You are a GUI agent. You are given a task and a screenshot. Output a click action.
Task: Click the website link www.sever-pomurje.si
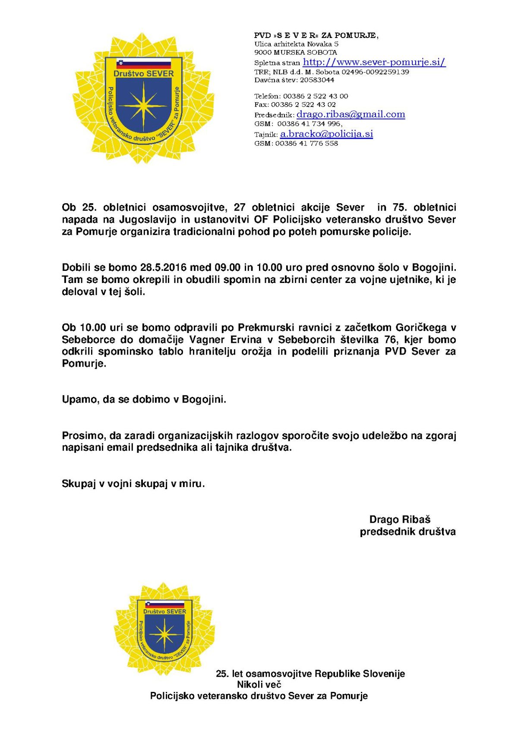(374, 62)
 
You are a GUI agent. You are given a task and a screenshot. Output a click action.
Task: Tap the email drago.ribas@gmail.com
(351, 114)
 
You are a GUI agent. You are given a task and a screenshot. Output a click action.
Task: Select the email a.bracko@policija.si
(326, 134)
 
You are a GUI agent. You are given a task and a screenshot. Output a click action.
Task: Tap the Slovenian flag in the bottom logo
(164, 604)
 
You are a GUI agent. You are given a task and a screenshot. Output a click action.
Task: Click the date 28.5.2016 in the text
(163, 267)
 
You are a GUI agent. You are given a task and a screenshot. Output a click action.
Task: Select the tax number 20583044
(317, 80)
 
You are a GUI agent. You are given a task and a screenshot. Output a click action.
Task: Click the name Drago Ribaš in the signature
(400, 519)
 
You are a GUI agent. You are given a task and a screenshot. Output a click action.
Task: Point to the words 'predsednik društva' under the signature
(407, 531)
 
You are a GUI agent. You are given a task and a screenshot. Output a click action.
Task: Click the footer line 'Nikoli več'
(259, 684)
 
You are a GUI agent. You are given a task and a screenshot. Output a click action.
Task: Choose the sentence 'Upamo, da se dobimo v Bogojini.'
(144, 399)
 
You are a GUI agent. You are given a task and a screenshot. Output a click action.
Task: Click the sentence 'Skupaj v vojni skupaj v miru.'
(133, 484)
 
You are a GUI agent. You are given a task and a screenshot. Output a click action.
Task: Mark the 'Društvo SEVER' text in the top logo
(144, 74)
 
